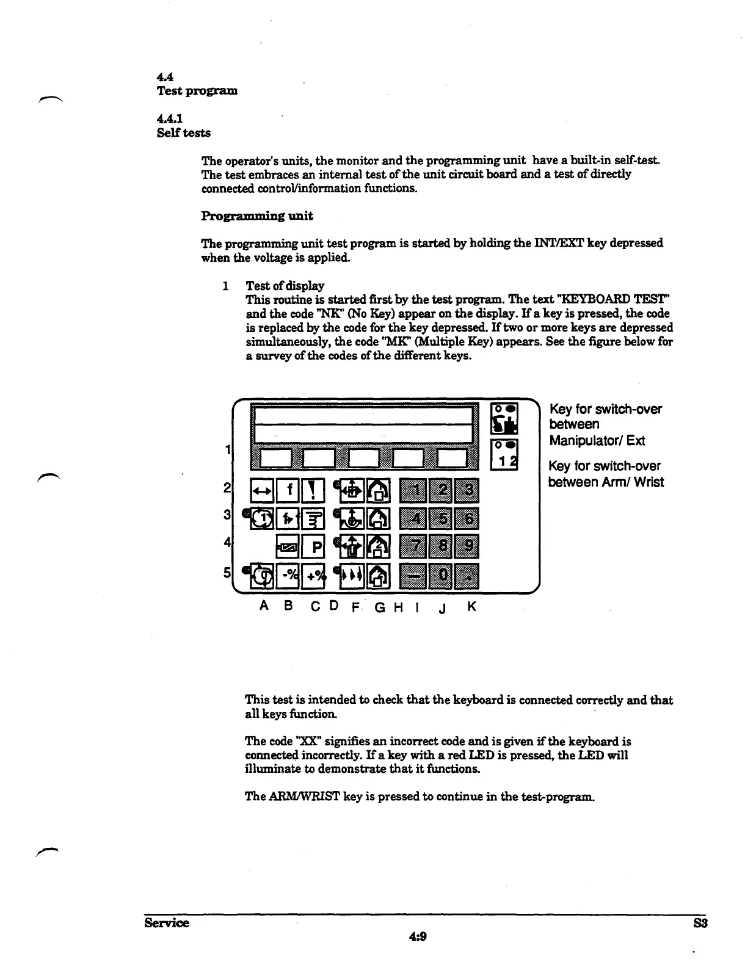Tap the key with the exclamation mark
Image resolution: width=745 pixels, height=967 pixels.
click(x=314, y=490)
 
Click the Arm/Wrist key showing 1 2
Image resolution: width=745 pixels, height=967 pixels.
click(x=505, y=455)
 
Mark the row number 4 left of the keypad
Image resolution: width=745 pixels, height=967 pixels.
click(x=227, y=542)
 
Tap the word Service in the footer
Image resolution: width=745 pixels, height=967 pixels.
click(x=167, y=922)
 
